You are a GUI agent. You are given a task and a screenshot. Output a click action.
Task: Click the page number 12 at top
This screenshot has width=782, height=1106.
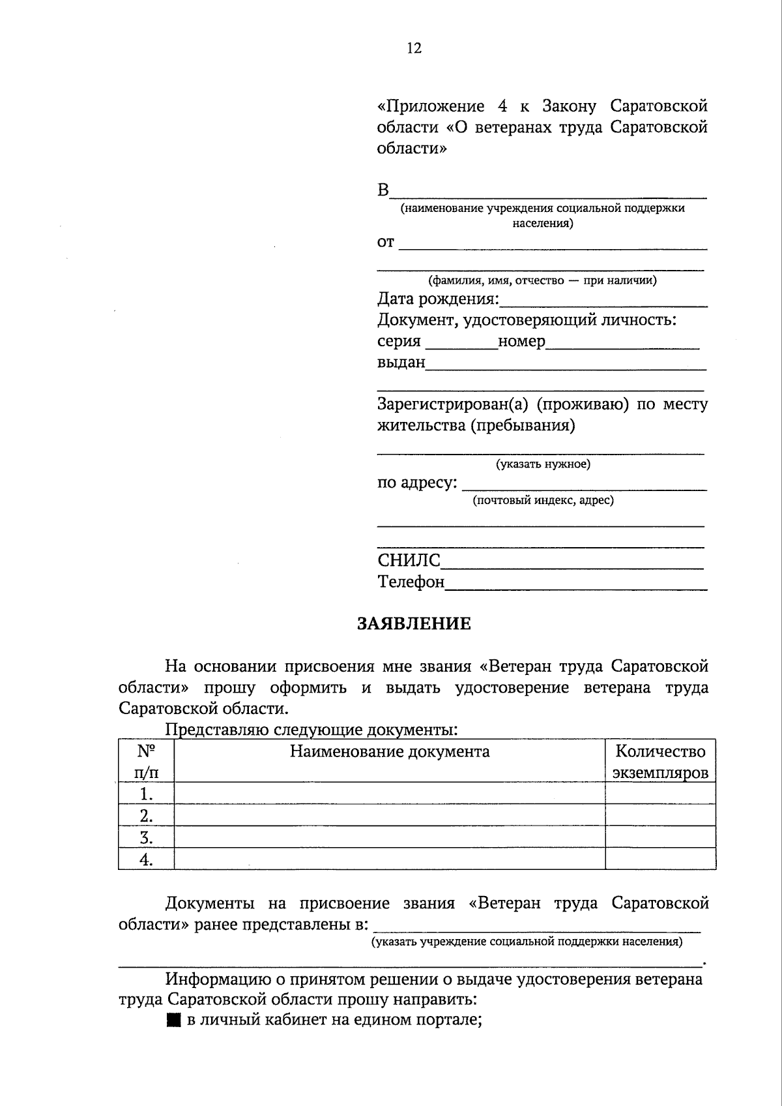click(x=414, y=48)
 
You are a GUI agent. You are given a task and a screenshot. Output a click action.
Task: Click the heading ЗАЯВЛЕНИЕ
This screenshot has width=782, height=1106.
click(x=414, y=624)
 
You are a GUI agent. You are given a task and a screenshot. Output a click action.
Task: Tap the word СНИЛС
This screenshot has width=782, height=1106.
click(x=409, y=560)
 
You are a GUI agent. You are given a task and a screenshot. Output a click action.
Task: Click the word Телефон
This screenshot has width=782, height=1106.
click(x=411, y=581)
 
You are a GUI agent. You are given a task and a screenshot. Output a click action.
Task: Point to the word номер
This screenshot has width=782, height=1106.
click(x=521, y=341)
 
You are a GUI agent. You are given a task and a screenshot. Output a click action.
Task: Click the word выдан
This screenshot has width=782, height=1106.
click(x=401, y=362)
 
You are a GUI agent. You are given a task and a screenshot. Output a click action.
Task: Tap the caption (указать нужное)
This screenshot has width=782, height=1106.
click(x=543, y=464)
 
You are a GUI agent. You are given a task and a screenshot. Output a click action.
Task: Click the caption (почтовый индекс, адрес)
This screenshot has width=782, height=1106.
click(x=543, y=500)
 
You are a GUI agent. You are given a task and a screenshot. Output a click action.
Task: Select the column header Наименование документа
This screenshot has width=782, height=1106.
click(x=390, y=751)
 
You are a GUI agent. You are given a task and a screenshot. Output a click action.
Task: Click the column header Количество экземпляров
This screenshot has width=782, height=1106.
click(x=660, y=762)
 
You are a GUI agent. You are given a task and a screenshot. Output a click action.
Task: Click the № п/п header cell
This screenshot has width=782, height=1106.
click(x=146, y=762)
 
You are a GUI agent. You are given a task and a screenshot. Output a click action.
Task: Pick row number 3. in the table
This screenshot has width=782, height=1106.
click(x=146, y=837)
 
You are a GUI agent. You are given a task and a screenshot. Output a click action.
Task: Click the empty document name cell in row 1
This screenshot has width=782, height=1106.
click(x=390, y=794)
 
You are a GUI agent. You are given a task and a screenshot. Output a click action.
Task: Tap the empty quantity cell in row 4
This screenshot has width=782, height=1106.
click(x=660, y=859)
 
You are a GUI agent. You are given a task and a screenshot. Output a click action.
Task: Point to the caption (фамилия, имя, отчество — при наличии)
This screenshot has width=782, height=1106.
click(x=542, y=280)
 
